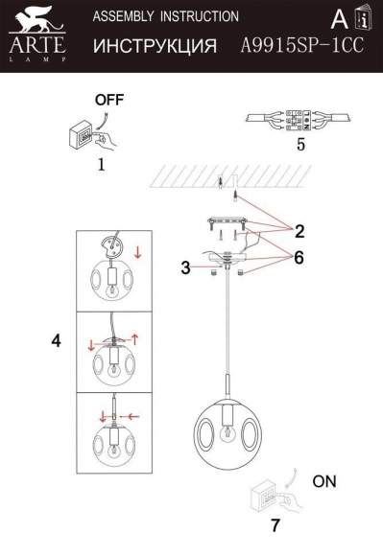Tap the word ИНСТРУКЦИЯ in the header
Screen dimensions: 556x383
coord(154,46)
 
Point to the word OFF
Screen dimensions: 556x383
coord(108,100)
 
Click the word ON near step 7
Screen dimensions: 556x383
coord(323,482)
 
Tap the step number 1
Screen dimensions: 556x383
coord(100,164)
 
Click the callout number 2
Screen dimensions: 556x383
coord(299,230)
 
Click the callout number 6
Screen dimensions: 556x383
coord(299,258)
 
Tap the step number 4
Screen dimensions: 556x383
coord(56,340)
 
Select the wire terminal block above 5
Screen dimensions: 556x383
coord(299,119)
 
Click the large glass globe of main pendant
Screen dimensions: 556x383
coord(227,429)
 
